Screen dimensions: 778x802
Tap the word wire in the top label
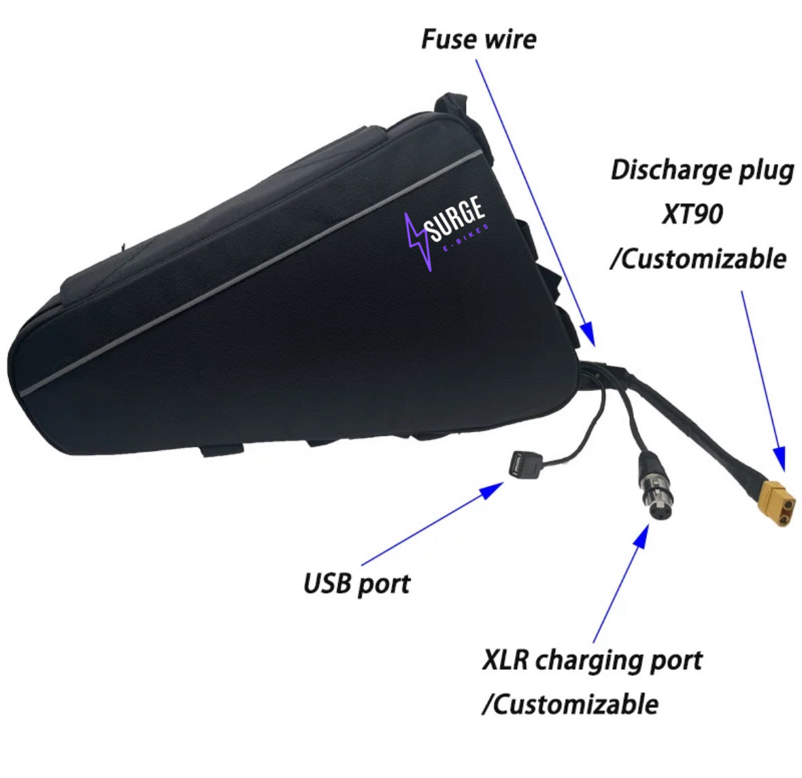509,39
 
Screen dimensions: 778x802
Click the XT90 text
691,215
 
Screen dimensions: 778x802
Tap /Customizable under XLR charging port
569,704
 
